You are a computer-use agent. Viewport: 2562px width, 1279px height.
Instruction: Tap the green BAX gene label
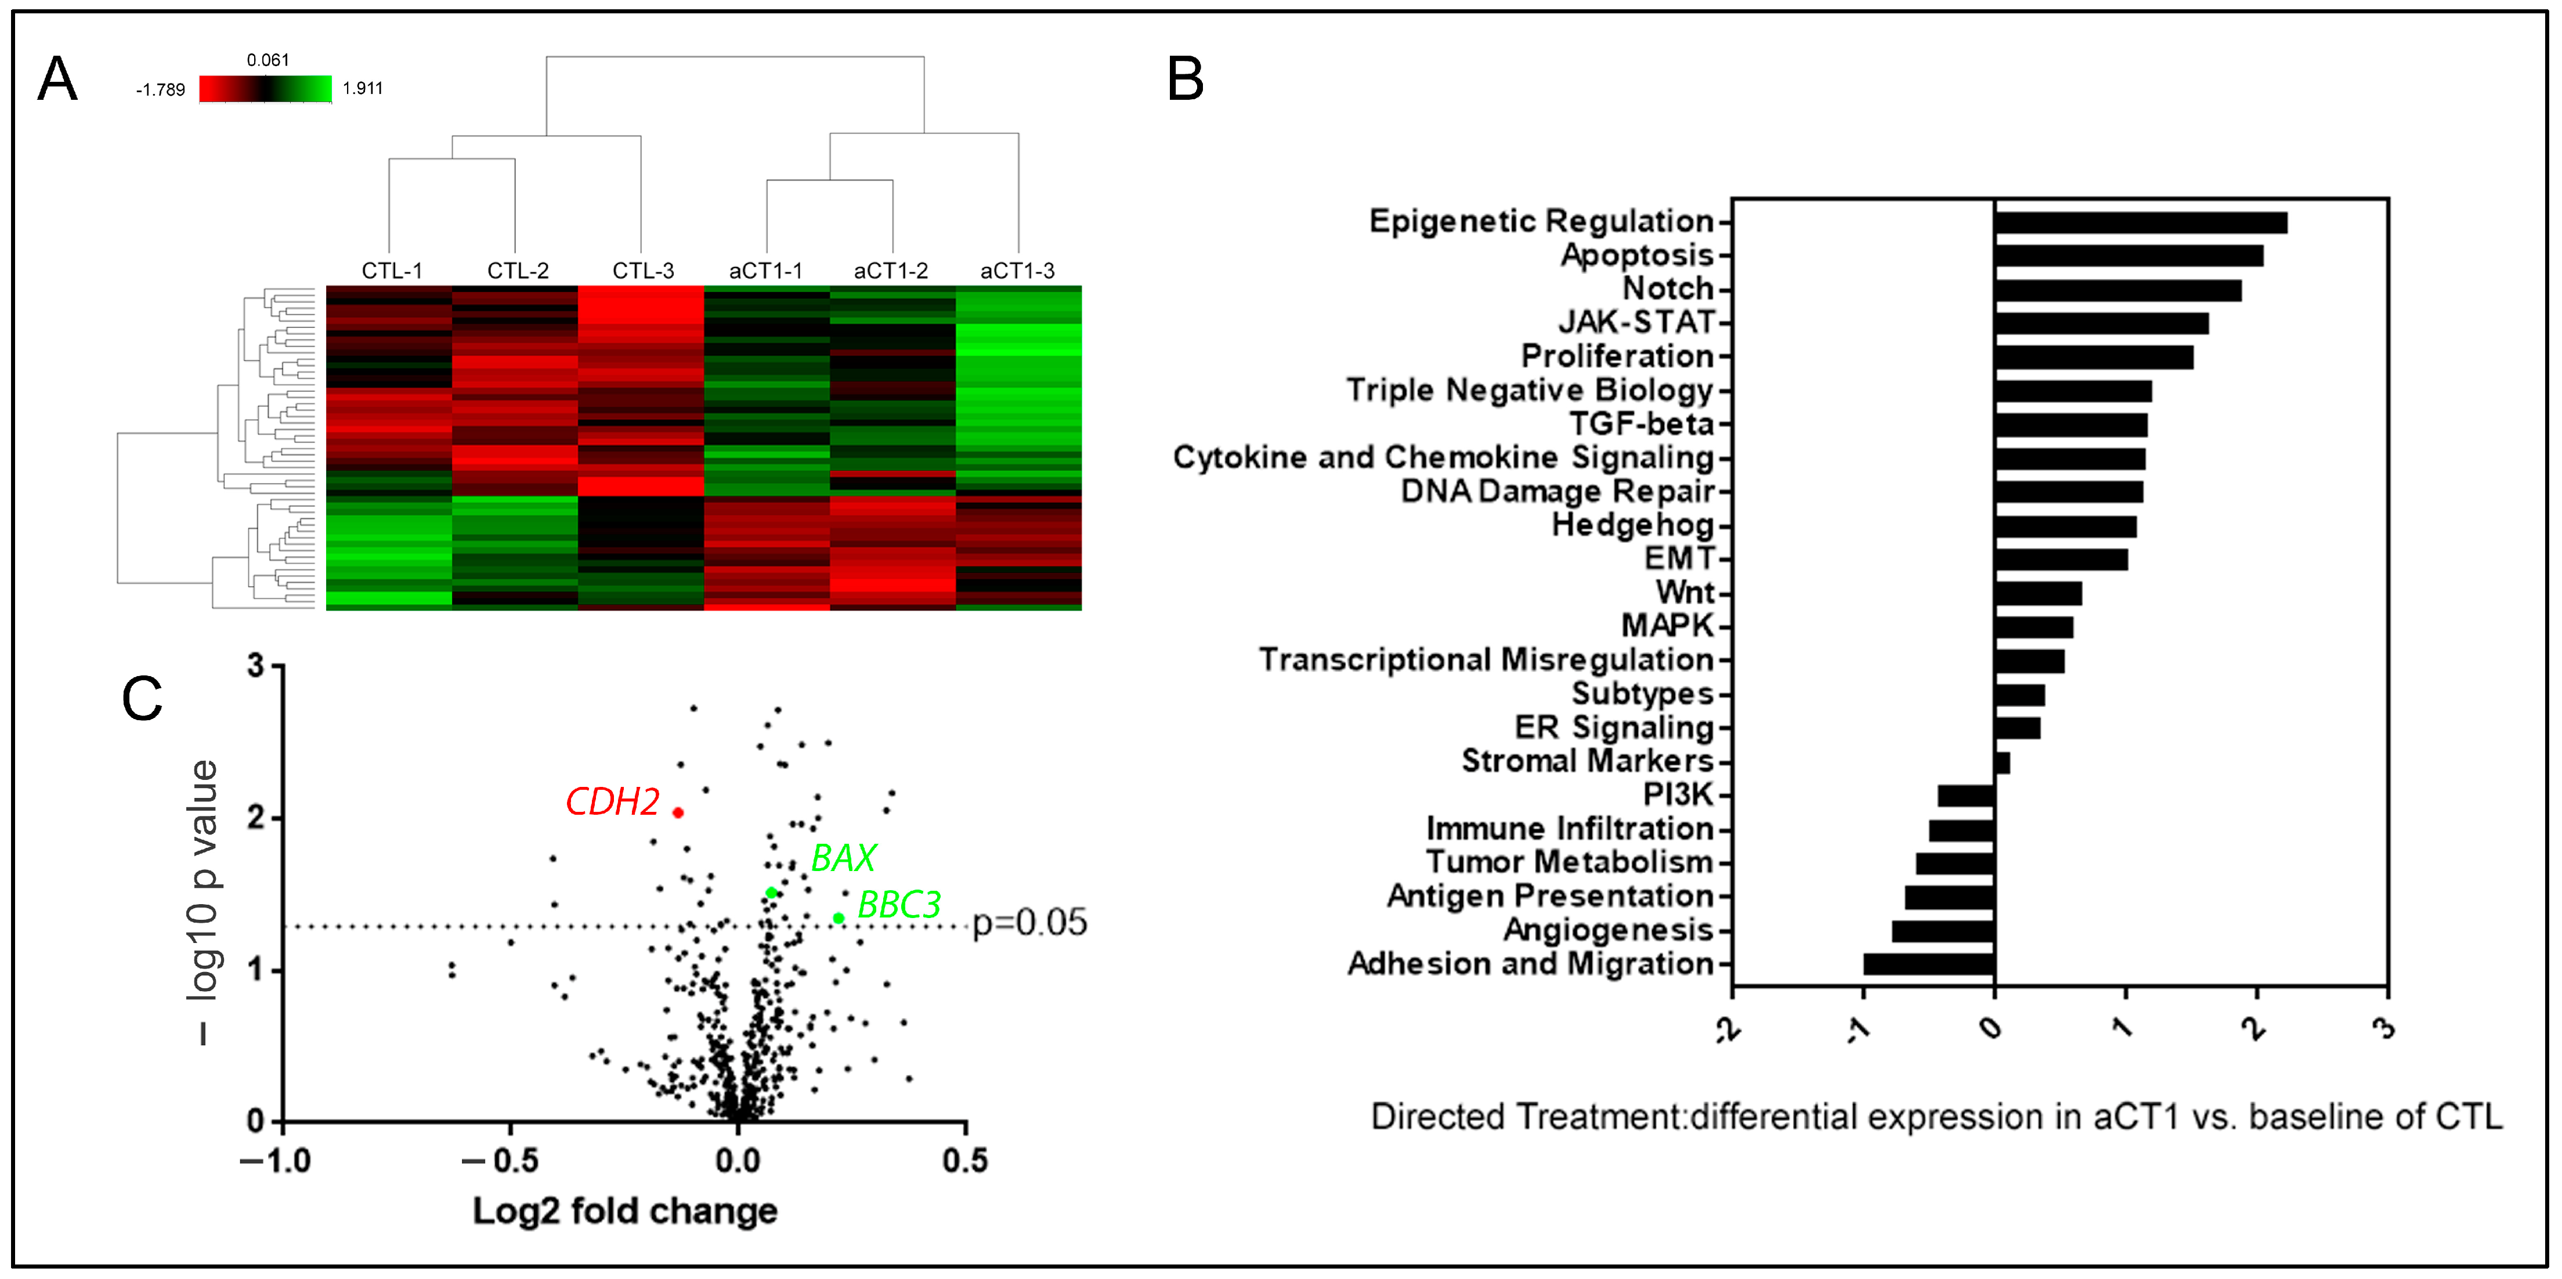(x=843, y=857)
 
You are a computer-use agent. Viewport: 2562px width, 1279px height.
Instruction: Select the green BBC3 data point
(x=839, y=918)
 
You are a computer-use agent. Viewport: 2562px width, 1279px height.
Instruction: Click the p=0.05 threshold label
(x=1029, y=923)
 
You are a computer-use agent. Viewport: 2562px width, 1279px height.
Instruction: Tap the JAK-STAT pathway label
(x=1636, y=322)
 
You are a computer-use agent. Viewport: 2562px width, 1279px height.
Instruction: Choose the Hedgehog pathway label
(x=1633, y=525)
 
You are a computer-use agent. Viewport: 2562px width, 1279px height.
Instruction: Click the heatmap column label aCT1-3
(x=1017, y=270)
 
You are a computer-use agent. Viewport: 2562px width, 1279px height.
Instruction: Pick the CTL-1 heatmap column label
(x=392, y=270)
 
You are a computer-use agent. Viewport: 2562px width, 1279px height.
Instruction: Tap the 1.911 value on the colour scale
(x=362, y=89)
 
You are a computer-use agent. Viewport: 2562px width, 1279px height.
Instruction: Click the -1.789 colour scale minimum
(x=160, y=89)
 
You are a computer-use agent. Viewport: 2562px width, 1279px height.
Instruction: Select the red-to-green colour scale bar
(x=266, y=89)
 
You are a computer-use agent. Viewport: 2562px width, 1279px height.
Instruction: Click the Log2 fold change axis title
(x=624, y=1211)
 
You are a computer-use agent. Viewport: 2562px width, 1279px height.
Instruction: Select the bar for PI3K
(x=1965, y=796)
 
